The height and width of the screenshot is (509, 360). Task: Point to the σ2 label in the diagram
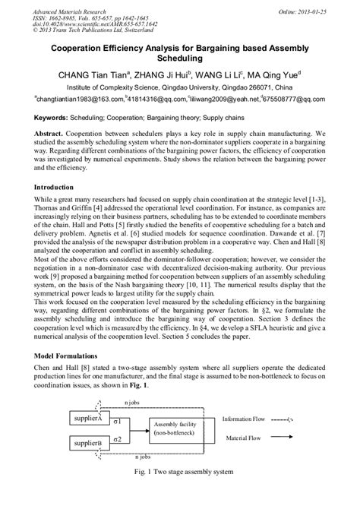coord(118,439)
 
